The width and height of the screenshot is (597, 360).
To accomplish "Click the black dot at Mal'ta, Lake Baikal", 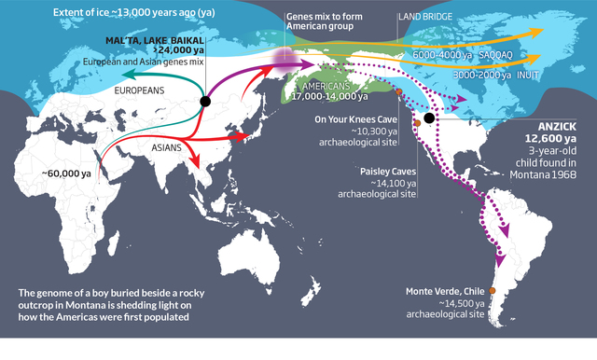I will (204, 101).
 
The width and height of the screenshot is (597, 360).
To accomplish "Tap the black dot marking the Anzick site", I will (429, 118).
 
